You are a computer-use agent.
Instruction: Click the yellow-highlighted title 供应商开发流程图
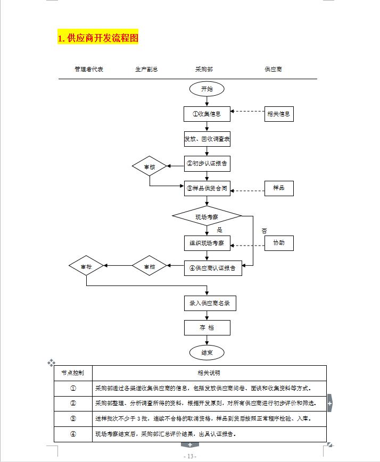(x=97, y=38)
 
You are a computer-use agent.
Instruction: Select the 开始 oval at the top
(x=206, y=89)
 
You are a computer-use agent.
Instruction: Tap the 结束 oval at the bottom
(x=207, y=352)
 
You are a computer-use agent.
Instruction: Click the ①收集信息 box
(x=207, y=114)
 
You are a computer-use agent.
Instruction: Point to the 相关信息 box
(x=279, y=114)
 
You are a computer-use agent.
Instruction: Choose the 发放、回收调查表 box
(x=207, y=139)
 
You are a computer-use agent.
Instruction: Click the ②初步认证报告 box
(x=207, y=164)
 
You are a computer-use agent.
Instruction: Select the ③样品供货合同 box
(x=207, y=188)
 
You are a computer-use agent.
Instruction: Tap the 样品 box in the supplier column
(x=279, y=188)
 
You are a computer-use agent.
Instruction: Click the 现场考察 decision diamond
(x=207, y=216)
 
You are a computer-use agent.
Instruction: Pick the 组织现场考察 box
(x=207, y=243)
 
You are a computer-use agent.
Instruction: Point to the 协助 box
(x=279, y=243)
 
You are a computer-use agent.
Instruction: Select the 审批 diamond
(x=86, y=266)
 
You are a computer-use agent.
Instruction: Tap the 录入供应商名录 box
(x=210, y=303)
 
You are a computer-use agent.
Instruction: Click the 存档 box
(x=207, y=327)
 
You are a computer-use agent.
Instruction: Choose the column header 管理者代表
(x=89, y=70)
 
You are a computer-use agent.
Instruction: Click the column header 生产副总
(x=146, y=70)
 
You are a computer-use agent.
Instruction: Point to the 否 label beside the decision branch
(x=264, y=231)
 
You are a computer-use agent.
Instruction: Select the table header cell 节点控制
(x=73, y=373)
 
